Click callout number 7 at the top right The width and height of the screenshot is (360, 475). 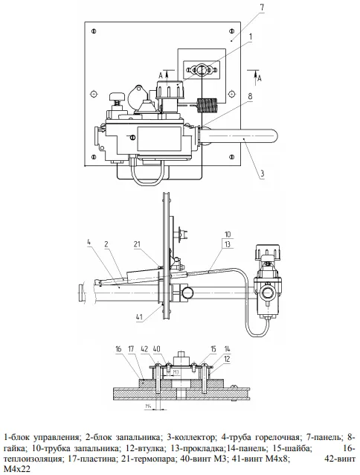262,8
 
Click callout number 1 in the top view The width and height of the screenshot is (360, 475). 250,36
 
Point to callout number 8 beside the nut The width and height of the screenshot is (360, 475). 250,96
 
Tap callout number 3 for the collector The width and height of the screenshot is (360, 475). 263,173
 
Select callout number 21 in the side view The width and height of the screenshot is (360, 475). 137,244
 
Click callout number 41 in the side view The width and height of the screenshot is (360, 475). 139,317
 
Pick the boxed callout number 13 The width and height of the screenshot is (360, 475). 228,244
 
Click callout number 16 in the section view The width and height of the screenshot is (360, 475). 118,348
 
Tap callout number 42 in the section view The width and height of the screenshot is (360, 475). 144,348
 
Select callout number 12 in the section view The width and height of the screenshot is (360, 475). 227,359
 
